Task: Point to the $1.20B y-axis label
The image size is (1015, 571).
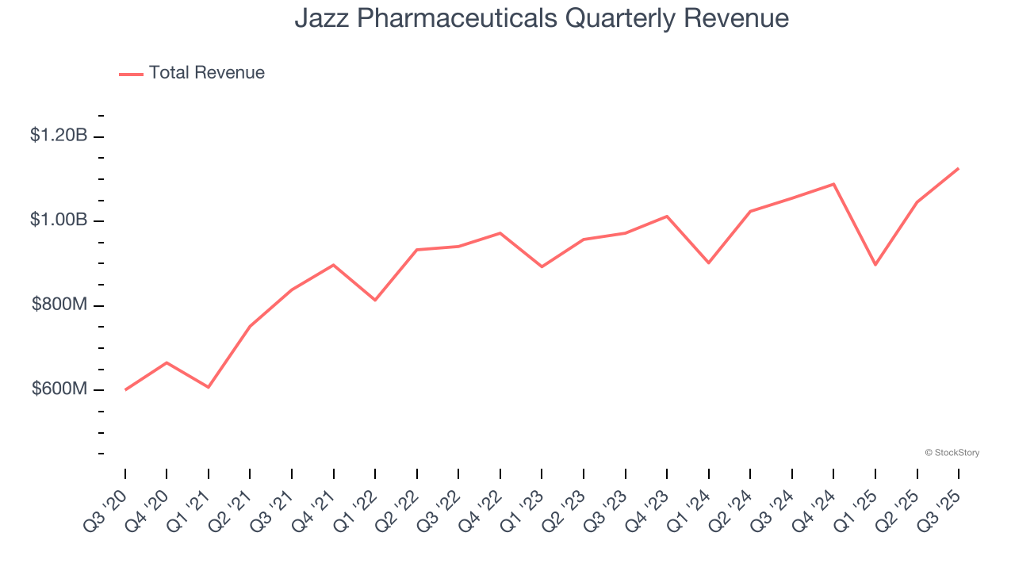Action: click(x=59, y=136)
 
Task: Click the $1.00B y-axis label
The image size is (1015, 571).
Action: click(x=59, y=220)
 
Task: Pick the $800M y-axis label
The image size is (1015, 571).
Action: click(x=59, y=305)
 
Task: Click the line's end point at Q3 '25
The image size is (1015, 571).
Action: click(x=959, y=168)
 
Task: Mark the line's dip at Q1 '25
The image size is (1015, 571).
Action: click(x=875, y=265)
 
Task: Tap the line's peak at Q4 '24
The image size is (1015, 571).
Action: click(x=833, y=184)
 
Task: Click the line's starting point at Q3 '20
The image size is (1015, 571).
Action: click(x=125, y=389)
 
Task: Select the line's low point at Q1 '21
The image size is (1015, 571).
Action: click(x=209, y=387)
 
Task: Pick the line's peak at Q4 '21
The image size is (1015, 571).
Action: click(x=334, y=265)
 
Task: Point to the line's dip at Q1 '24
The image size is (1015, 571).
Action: click(x=708, y=263)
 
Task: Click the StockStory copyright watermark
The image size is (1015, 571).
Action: click(x=952, y=453)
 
